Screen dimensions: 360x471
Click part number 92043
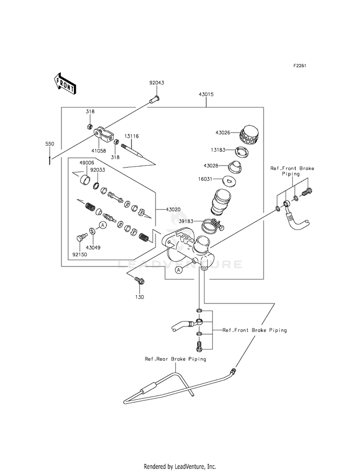pos(156,83)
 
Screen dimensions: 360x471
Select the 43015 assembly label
pos(206,94)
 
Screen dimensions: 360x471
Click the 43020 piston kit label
pos(173,209)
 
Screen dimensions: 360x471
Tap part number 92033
pos(97,169)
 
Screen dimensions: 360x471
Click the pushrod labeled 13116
pos(132,150)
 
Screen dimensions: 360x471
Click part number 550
pos(49,144)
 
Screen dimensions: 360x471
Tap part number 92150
pos(80,254)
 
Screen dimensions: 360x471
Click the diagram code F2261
pos(300,65)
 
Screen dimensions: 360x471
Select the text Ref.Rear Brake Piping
pos(175,359)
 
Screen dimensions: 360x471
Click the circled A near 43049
pos(103,225)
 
